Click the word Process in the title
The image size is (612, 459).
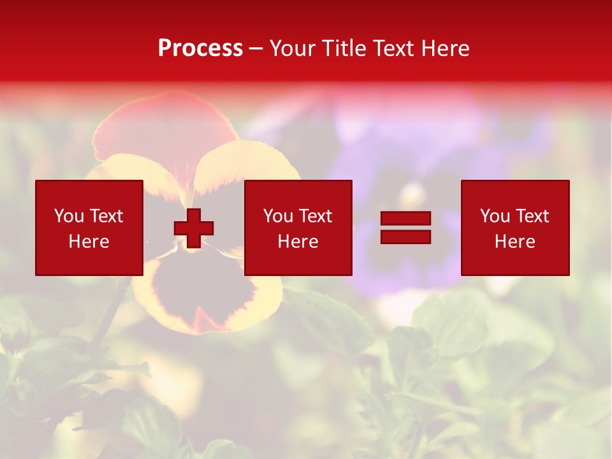coord(200,48)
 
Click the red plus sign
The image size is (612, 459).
coord(194,228)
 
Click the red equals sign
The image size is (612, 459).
coord(406,228)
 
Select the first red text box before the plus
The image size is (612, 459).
coord(89,228)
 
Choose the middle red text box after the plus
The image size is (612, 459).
coord(298,228)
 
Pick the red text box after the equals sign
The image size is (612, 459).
coord(515,228)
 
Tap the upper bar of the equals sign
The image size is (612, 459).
coord(406,219)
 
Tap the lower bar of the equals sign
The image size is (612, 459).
coord(406,237)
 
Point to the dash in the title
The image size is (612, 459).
coord(256,49)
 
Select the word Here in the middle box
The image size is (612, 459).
coord(298,242)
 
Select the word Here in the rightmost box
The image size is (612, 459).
coord(515,242)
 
